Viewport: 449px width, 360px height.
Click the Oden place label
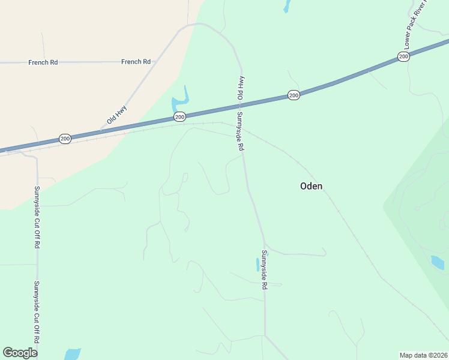point(311,186)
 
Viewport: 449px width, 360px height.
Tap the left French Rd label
point(43,62)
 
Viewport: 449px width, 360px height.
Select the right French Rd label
point(136,61)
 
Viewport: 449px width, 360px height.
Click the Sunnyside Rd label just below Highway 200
point(240,131)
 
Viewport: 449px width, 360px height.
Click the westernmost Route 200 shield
point(65,139)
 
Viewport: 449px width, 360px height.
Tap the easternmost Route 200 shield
point(403,56)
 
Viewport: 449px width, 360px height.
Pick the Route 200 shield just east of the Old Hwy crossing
point(293,95)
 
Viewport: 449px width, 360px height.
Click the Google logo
point(20,353)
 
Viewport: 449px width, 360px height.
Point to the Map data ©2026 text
point(424,355)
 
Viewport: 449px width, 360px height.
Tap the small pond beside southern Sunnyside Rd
point(258,264)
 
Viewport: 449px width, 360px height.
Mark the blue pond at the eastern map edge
point(438,262)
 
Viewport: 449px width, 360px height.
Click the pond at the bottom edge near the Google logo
point(72,354)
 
